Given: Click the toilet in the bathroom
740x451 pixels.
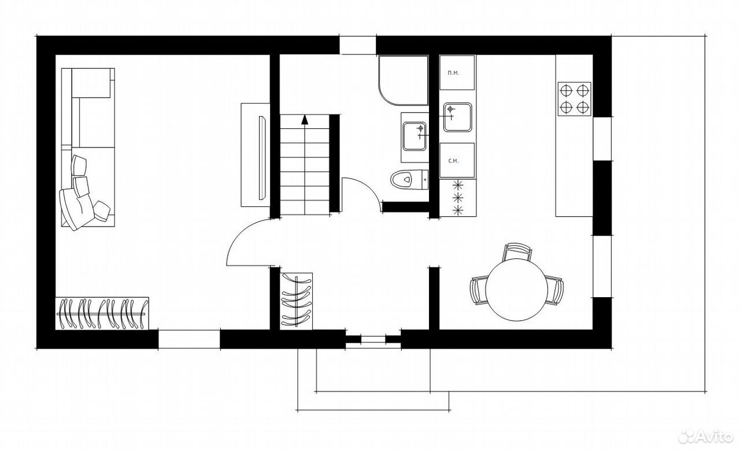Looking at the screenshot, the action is pyautogui.click(x=409, y=180).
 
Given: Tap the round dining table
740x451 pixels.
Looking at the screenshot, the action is pyautogui.click(x=517, y=290).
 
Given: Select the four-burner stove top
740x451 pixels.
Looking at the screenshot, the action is pyautogui.click(x=575, y=99).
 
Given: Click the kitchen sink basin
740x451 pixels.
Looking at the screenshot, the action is pyautogui.click(x=457, y=117).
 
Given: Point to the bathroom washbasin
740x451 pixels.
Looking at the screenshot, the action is pyautogui.click(x=415, y=136).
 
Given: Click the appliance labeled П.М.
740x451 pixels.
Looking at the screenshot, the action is pyautogui.click(x=457, y=72).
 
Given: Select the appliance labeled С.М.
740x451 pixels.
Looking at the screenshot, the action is pyautogui.click(x=457, y=161).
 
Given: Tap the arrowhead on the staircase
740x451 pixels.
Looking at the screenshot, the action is pyautogui.click(x=305, y=119).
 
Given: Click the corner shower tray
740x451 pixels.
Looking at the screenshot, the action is pyautogui.click(x=404, y=80).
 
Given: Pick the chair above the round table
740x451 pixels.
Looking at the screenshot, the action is pyautogui.click(x=517, y=252).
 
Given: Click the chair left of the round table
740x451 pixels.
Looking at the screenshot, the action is pyautogui.click(x=478, y=290).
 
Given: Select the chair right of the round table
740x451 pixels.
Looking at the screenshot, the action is pyautogui.click(x=555, y=290).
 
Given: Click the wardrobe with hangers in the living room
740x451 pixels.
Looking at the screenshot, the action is pyautogui.click(x=102, y=313).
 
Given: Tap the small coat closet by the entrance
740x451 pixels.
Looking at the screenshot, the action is pyautogui.click(x=297, y=301).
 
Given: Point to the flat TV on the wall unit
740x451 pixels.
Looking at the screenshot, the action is pyautogui.click(x=262, y=158).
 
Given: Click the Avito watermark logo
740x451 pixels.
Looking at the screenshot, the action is pyautogui.click(x=706, y=437).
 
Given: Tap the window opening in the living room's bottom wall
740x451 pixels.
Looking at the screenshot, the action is pyautogui.click(x=189, y=339).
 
